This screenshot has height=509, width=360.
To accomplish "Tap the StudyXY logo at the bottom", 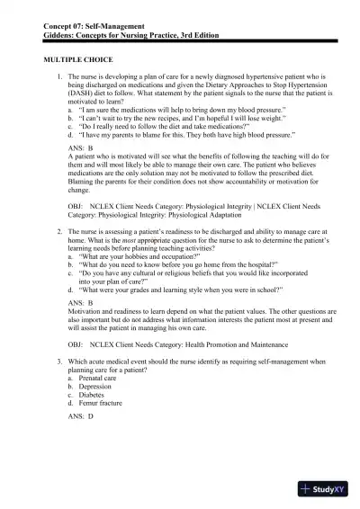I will (325, 491).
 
